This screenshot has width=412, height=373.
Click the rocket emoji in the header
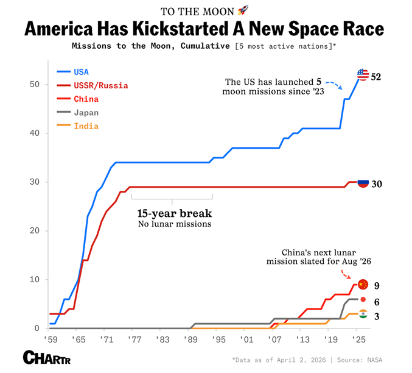pyautogui.click(x=242, y=10)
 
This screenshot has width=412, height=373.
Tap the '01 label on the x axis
pyautogui.click(x=245, y=339)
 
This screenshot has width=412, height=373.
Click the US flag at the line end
pyautogui.click(x=363, y=75)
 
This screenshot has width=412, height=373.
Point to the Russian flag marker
pyautogui.click(x=363, y=183)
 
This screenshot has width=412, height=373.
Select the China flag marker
pyautogui.click(x=363, y=284)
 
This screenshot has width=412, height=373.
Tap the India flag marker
pyautogui.click(x=363, y=314)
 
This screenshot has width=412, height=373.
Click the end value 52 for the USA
pyautogui.click(x=377, y=77)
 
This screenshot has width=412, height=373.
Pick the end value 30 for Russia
pyautogui.click(x=377, y=184)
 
